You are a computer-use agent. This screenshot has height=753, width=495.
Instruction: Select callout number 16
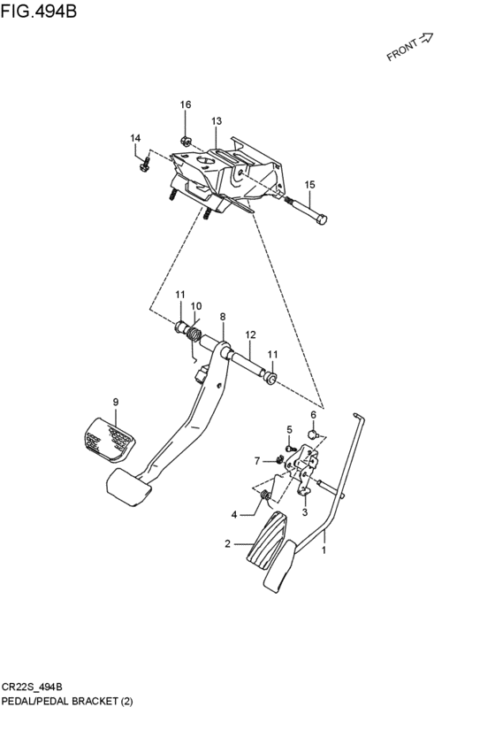click(186, 105)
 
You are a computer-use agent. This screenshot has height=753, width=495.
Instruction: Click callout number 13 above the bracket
click(216, 121)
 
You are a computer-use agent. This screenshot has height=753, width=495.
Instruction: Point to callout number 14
click(135, 138)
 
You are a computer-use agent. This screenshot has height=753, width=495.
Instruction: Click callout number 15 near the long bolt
click(309, 184)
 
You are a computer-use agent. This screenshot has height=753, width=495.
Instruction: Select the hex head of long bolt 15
click(320, 217)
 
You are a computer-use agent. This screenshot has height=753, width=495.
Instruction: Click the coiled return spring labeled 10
click(196, 334)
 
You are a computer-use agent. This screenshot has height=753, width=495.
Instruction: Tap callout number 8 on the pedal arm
click(223, 316)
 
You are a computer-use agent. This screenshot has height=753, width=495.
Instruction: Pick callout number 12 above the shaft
click(251, 335)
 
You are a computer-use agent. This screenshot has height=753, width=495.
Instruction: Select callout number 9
click(114, 403)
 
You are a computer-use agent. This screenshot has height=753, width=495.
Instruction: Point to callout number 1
click(324, 550)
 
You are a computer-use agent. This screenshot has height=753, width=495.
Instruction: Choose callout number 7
click(257, 461)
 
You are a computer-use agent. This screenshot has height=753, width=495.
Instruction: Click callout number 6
click(312, 414)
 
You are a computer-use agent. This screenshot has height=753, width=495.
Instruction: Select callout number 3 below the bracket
click(304, 512)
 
